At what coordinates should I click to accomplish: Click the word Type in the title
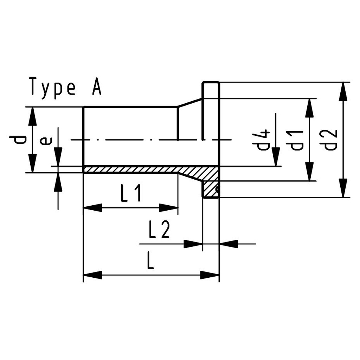pos(53,86)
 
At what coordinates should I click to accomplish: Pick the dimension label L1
pos(131,194)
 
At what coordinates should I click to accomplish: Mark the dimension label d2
pos(330,140)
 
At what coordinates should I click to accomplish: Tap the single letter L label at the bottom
pos(150,262)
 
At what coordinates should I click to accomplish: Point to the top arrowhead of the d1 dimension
pos(309,107)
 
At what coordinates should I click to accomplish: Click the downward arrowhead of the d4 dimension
pos(276,157)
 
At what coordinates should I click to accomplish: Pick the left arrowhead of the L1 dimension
pos(92,208)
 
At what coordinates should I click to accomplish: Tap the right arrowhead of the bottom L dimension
pos(210,275)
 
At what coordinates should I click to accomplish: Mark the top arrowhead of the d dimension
pos(32,115)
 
